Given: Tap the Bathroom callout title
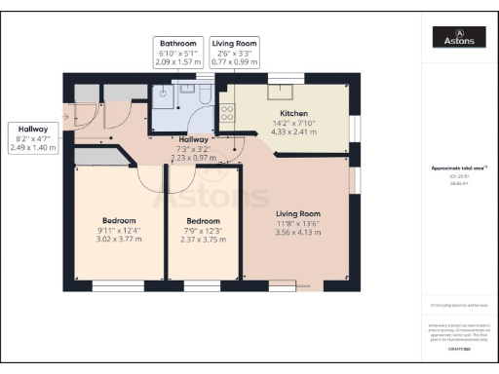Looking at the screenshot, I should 178,44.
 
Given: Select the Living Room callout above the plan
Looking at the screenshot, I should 235,44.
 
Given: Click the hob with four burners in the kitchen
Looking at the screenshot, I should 227,111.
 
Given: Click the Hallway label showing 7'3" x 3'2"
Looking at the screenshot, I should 191,150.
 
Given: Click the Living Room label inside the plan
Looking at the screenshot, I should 297,213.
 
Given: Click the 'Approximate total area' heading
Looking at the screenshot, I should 460,168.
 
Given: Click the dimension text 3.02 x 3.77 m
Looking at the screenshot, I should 118,239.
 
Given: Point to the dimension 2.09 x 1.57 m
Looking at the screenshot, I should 178,61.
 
